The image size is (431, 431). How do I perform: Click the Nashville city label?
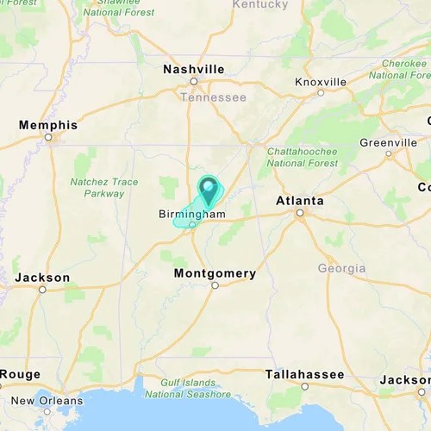pos(194,69)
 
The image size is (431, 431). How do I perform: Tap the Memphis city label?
pos(48,125)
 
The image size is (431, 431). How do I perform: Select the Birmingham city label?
pos(191,214)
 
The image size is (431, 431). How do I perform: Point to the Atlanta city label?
pos(299,201)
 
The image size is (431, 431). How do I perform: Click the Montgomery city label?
pos(215,273)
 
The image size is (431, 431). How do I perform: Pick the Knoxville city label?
pos(321,82)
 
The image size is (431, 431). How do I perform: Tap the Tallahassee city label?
pos(304,374)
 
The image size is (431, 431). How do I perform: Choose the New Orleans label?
pos(47,401)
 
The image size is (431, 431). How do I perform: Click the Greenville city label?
pos(389,142)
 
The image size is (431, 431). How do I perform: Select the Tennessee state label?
pos(213,97)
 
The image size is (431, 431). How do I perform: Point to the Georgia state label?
pos(341,268)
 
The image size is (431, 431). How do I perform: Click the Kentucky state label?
pos(260,5)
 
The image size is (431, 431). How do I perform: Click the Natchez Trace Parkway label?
pos(104,188)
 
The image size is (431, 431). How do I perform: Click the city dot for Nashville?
pos(194,81)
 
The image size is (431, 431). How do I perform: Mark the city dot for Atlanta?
pos(300,212)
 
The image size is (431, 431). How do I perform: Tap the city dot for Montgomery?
pos(215,285)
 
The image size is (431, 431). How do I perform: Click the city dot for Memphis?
pos(48,137)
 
